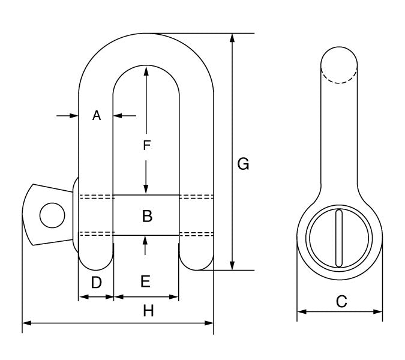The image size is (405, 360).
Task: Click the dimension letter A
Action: point(97,116)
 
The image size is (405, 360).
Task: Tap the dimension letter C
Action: point(341,302)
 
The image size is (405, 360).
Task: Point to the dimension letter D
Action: point(96,282)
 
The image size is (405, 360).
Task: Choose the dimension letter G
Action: point(243,163)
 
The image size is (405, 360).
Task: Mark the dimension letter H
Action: point(148,311)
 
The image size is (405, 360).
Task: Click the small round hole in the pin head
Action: point(52,215)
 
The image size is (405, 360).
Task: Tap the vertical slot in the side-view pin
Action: point(340,238)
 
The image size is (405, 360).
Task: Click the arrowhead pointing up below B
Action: point(146,240)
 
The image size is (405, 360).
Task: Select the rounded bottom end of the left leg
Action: point(96,263)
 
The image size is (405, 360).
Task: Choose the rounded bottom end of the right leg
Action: point(197,263)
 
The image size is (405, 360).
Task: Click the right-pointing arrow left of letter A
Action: point(74,116)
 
